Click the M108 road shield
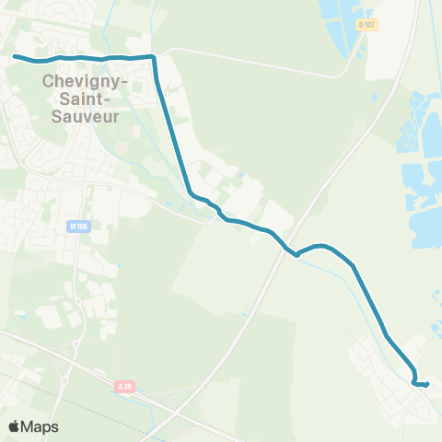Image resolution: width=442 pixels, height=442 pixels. coord(78,226)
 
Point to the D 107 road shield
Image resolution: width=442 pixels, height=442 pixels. coord(365,25)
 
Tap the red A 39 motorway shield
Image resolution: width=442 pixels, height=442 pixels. coord(126,388)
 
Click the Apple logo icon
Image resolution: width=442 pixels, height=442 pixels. coord(15,426)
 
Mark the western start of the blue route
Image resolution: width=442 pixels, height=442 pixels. coord(15,56)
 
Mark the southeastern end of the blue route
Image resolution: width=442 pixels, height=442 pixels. coord(427,385)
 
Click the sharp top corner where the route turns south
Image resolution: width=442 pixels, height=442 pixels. coord(154,57)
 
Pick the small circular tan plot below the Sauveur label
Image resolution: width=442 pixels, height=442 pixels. coord(121,146)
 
